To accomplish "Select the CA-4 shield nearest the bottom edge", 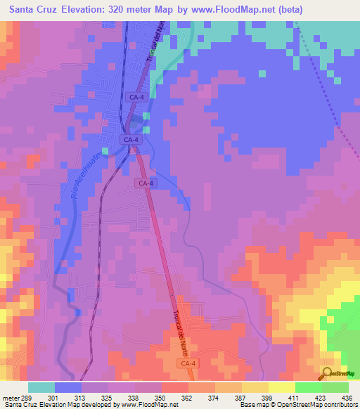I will [185, 363].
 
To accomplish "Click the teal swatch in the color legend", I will [41, 387].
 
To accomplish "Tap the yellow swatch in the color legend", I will [255, 387].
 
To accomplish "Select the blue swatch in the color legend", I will [68, 387].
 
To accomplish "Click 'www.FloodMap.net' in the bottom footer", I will [148, 405].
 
